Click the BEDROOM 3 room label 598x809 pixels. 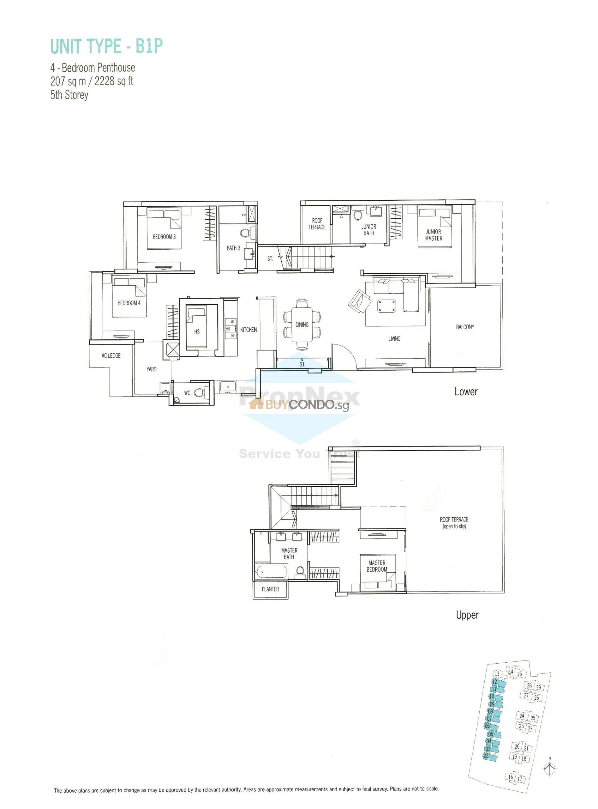[x=164, y=237]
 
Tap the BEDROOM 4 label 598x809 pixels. [x=129, y=303]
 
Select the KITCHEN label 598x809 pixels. [x=248, y=330]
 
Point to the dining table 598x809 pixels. [x=302, y=324]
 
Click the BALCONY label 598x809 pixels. [x=465, y=327]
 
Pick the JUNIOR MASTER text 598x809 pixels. [x=433, y=235]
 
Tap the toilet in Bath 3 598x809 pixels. [x=245, y=232]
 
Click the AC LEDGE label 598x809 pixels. [x=111, y=356]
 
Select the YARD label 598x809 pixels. [x=151, y=369]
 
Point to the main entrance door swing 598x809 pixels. [x=342, y=355]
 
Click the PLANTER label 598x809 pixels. [x=270, y=589]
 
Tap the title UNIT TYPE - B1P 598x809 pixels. [x=106, y=46]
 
